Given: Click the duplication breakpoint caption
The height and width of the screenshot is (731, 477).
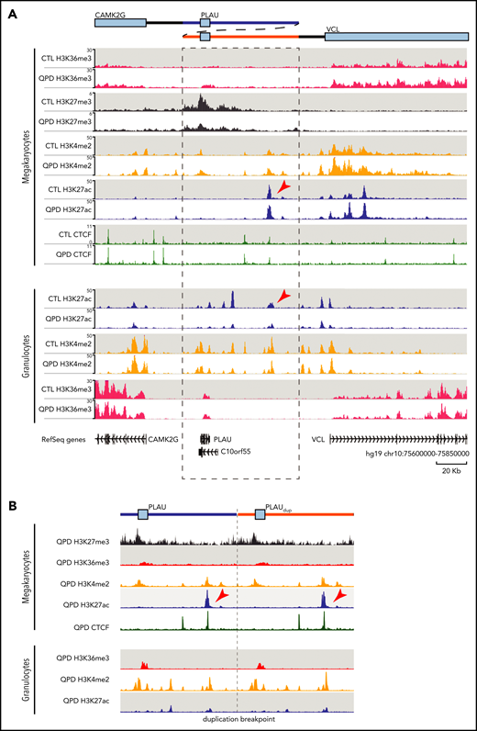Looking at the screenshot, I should point(238,720).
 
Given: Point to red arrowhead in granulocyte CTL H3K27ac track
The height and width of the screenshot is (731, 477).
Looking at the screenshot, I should point(284,297).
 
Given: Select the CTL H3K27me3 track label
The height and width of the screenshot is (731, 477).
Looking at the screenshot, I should point(67,102).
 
